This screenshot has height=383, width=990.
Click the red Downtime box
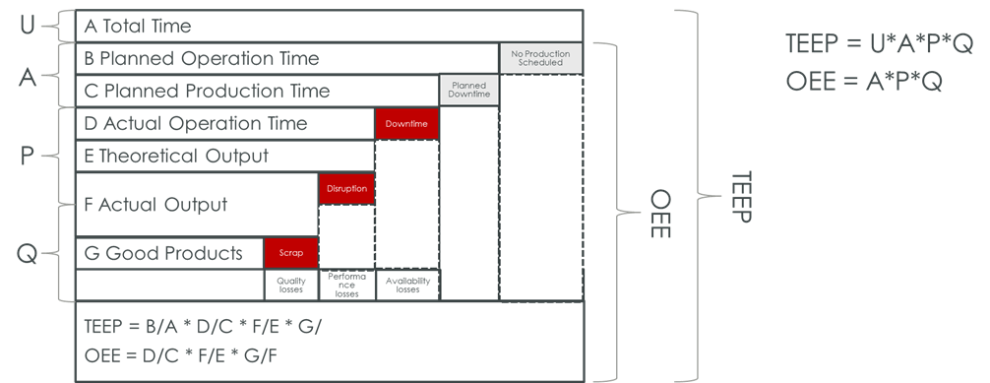[x=405, y=124]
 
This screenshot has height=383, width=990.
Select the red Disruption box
[x=346, y=189]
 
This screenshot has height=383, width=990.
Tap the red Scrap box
[x=290, y=253]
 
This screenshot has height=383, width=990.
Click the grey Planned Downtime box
[x=468, y=91]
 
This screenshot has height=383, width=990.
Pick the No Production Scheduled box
[x=540, y=58]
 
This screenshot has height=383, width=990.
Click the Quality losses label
[x=290, y=286]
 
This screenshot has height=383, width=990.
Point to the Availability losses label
[x=406, y=286]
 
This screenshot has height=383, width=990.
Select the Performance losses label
[x=346, y=286]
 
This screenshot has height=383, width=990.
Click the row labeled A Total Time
[x=139, y=26]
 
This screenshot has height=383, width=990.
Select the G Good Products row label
[x=163, y=253]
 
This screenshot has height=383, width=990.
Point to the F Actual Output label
[x=156, y=205]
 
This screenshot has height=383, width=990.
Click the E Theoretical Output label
[x=176, y=156]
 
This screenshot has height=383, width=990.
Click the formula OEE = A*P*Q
[x=865, y=82]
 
